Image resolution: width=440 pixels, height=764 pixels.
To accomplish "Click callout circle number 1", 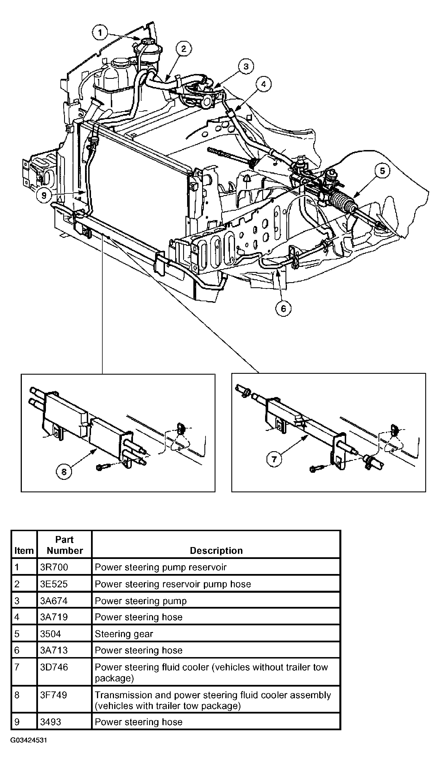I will pyautogui.click(x=100, y=32).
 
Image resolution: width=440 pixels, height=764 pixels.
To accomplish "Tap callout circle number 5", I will pyautogui.click(x=382, y=171).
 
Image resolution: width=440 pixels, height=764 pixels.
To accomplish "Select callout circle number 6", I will pyautogui.click(x=283, y=309).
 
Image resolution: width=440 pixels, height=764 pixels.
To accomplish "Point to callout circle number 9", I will pyautogui.click(x=44, y=195).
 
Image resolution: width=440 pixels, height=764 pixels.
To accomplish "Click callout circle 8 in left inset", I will pyautogui.click(x=64, y=472).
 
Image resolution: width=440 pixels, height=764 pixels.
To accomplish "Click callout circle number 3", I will pyautogui.click(x=246, y=66).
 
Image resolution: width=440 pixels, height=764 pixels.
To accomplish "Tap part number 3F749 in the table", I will pyautogui.click(x=54, y=695).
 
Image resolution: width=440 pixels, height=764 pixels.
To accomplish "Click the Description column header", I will pyautogui.click(x=216, y=550).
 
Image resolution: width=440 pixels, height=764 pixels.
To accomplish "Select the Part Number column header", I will pyautogui.click(x=65, y=545).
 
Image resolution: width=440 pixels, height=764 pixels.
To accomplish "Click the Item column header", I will pyautogui.click(x=24, y=550).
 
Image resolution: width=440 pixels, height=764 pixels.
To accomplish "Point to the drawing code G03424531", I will pyautogui.click(x=29, y=740).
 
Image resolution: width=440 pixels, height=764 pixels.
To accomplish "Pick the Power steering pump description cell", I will pyautogui.click(x=141, y=601).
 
